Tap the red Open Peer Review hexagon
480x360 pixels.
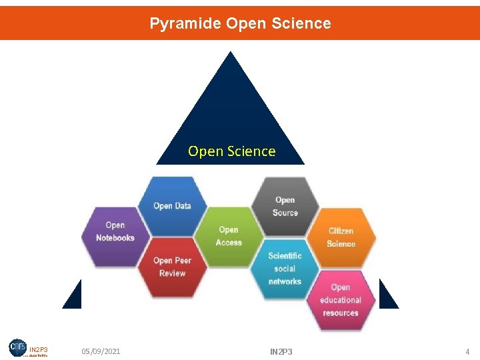tap(172, 267)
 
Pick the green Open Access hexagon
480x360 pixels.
tap(229, 236)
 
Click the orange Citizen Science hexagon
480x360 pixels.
tap(341, 237)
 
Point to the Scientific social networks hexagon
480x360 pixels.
tap(285, 268)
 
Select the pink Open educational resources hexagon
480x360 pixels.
tap(340, 299)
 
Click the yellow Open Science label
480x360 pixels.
tap(231, 151)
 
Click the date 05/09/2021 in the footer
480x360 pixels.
tap(101, 351)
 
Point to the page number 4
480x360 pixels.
tap(467, 351)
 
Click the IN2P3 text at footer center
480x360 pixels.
tap(281, 351)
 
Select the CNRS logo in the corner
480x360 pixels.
tap(18, 347)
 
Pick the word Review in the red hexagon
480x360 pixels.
tap(172, 273)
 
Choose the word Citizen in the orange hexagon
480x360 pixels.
tap(341, 231)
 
